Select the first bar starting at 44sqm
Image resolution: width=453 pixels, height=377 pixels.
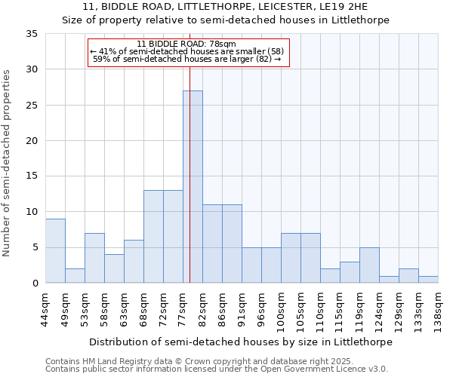pos(55,251)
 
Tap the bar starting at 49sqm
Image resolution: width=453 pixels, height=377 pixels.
pos(75,276)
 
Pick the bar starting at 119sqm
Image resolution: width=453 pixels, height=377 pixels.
pos(369,265)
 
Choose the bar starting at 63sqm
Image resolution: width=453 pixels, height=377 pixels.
pos(134,262)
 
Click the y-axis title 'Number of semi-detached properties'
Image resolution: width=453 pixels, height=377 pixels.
pos(8,163)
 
